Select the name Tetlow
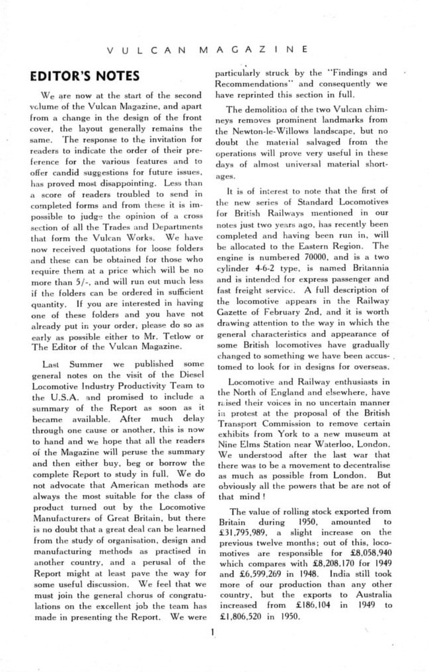pos(170,337)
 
